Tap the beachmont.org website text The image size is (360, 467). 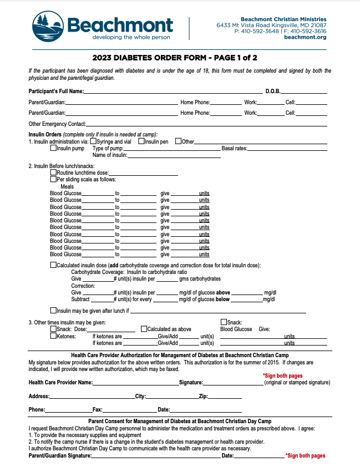(x=305, y=37)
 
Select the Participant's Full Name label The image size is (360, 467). (x=57, y=91)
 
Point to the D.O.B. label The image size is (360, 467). (x=273, y=91)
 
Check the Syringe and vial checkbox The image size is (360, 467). (x=93, y=141)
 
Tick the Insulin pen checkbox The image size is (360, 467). (x=141, y=141)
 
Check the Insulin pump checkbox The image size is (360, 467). (x=53, y=148)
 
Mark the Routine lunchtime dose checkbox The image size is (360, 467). (x=53, y=172)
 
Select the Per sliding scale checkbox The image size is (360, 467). (x=53, y=179)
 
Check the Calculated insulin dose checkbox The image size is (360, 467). (x=53, y=265)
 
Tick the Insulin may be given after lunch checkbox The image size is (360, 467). (x=53, y=310)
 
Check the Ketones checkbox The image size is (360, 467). (x=53, y=336)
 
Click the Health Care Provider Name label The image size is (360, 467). (x=60, y=383)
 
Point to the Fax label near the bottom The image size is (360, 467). (x=98, y=410)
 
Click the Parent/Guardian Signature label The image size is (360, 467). (x=60, y=455)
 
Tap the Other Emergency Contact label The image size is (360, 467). (x=57, y=124)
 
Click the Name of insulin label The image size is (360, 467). (x=110, y=155)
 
